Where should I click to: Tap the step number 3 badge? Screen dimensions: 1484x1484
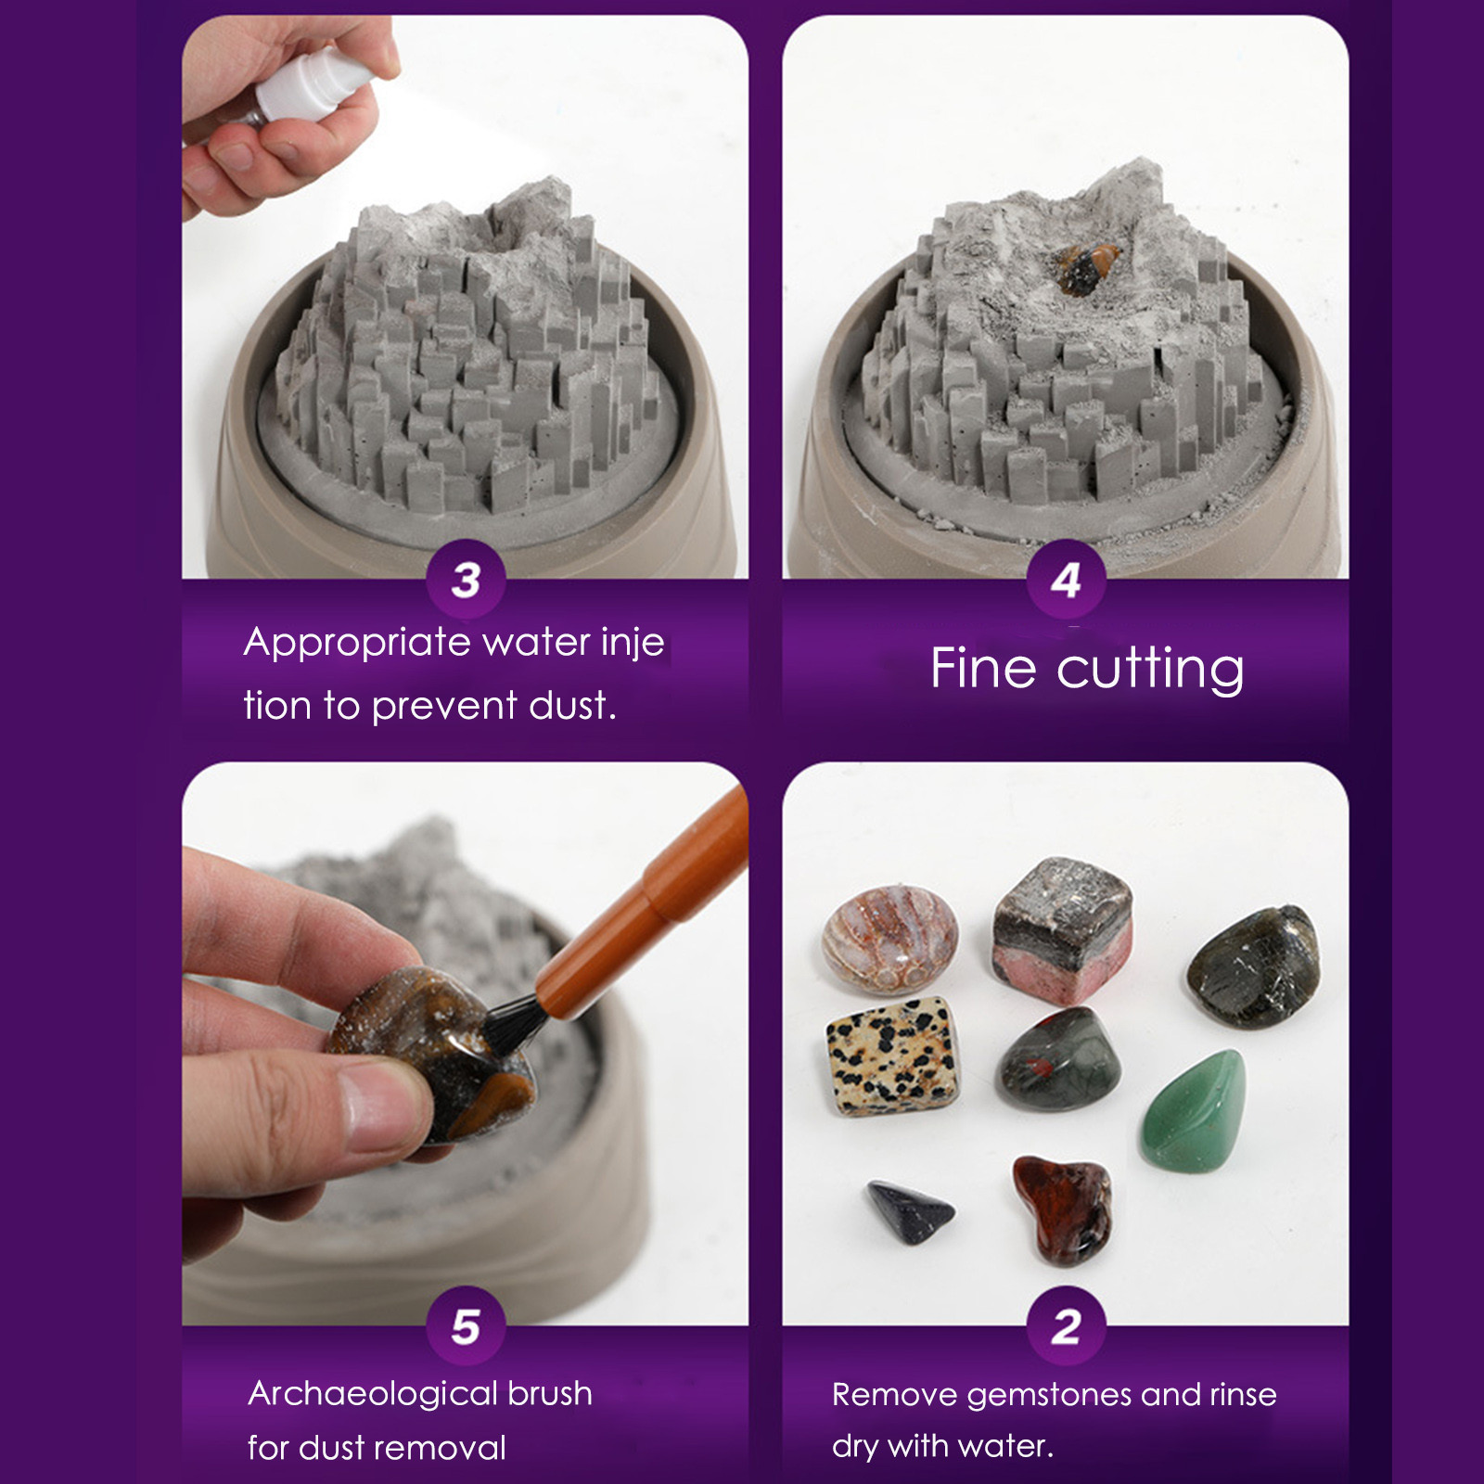pyautogui.click(x=466, y=580)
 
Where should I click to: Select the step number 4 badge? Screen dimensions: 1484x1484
pyautogui.click(x=1066, y=580)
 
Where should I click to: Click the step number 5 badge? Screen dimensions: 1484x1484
pyautogui.click(x=466, y=1326)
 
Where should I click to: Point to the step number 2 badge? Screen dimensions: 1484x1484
pyautogui.click(x=1066, y=1326)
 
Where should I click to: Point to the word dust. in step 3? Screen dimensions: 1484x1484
pyautogui.click(x=572, y=706)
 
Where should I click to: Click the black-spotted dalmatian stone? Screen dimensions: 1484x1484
pyautogui.click(x=890, y=1055)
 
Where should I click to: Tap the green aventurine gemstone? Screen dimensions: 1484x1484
pyautogui.click(x=1195, y=1111)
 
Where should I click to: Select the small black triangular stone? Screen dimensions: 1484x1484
pyautogui.click(x=909, y=1210)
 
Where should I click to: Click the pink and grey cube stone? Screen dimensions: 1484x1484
pyautogui.click(x=1063, y=930)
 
